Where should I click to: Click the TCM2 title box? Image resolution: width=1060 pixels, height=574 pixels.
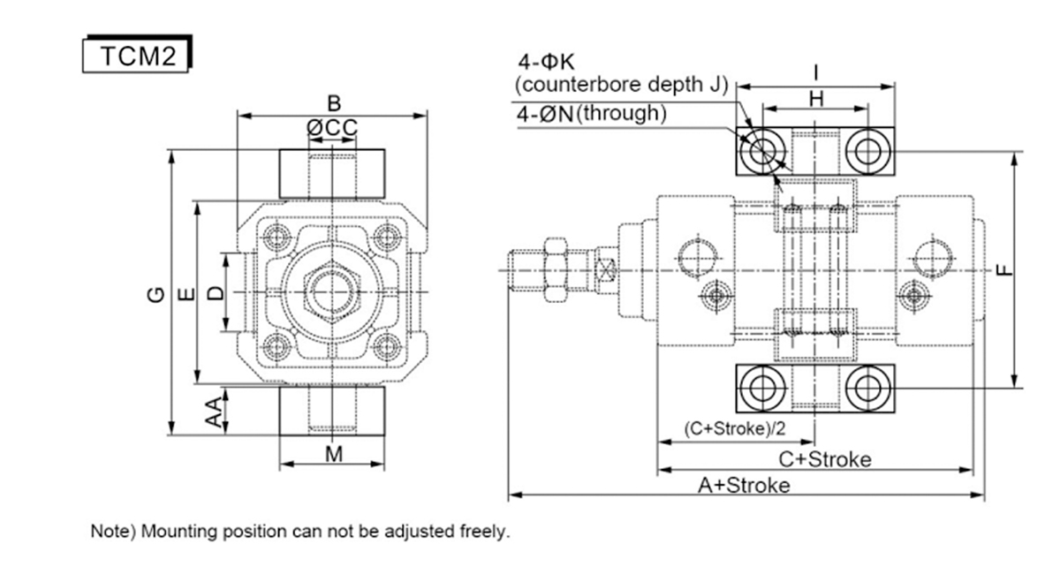[137, 54]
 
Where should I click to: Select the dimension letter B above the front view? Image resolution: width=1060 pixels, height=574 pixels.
[334, 103]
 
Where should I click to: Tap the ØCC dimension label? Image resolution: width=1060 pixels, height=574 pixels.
[332, 128]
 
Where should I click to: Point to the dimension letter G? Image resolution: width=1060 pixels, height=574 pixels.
[156, 294]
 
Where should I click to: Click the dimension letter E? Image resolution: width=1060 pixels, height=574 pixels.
[187, 294]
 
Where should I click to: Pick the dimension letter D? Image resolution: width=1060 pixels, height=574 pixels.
[216, 293]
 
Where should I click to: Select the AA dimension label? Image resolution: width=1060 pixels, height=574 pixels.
[214, 412]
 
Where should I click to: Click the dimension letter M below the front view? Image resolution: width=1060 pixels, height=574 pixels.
[334, 455]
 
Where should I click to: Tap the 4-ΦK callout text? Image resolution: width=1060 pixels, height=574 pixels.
[546, 62]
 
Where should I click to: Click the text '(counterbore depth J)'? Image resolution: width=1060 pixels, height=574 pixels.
[621, 85]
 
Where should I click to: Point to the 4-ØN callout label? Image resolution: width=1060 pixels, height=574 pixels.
[545, 114]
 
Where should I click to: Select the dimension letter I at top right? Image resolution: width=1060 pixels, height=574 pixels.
[816, 73]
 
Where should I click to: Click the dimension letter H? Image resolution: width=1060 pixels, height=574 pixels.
[816, 100]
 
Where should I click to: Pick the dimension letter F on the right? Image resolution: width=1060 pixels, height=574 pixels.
[1004, 270]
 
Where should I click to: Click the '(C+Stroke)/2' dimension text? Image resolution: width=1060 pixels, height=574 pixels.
[735, 428]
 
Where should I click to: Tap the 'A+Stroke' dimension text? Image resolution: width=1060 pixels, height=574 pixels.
[744, 486]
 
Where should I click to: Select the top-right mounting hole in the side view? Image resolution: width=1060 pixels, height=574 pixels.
[867, 152]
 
